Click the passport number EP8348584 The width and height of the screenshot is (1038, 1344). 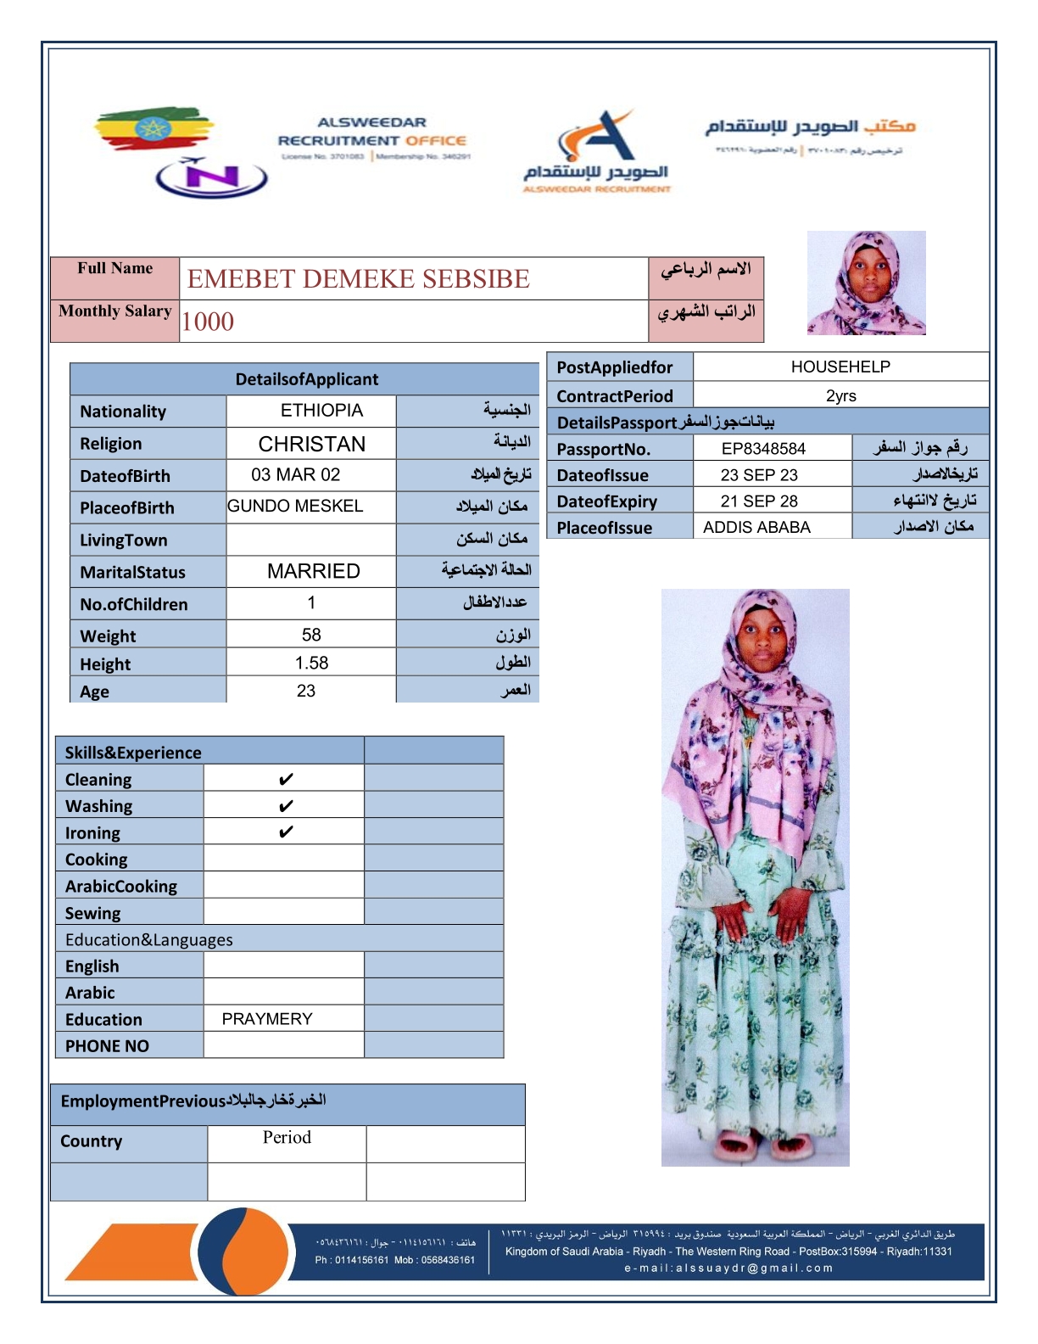coord(763,449)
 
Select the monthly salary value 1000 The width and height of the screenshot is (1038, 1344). coord(208,322)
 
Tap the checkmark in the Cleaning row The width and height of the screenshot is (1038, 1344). coord(286,779)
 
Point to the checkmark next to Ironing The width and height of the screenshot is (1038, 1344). coord(286,832)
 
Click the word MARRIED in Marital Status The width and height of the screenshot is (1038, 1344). coord(313,571)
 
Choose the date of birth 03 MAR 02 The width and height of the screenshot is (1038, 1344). coord(295,474)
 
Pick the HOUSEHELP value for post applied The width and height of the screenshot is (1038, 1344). coord(840,367)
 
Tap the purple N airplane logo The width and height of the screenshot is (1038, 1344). coord(211,177)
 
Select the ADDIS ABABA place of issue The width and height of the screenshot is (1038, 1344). coord(756,527)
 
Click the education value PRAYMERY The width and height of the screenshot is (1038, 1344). coord(267,1019)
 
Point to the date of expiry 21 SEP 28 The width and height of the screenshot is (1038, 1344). coord(759,501)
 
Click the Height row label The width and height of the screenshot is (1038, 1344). coord(106,664)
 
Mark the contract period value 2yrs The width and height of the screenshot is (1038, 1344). coord(840,395)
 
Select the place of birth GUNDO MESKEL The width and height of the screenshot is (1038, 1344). coord(295,507)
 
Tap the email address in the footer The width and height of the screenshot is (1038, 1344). coord(728,1268)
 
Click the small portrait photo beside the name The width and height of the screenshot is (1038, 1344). coord(866,283)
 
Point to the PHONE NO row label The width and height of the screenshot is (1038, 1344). coord(107,1046)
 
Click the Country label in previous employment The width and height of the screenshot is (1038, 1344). coord(92,1141)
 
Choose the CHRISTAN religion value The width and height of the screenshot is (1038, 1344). coord(311,444)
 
